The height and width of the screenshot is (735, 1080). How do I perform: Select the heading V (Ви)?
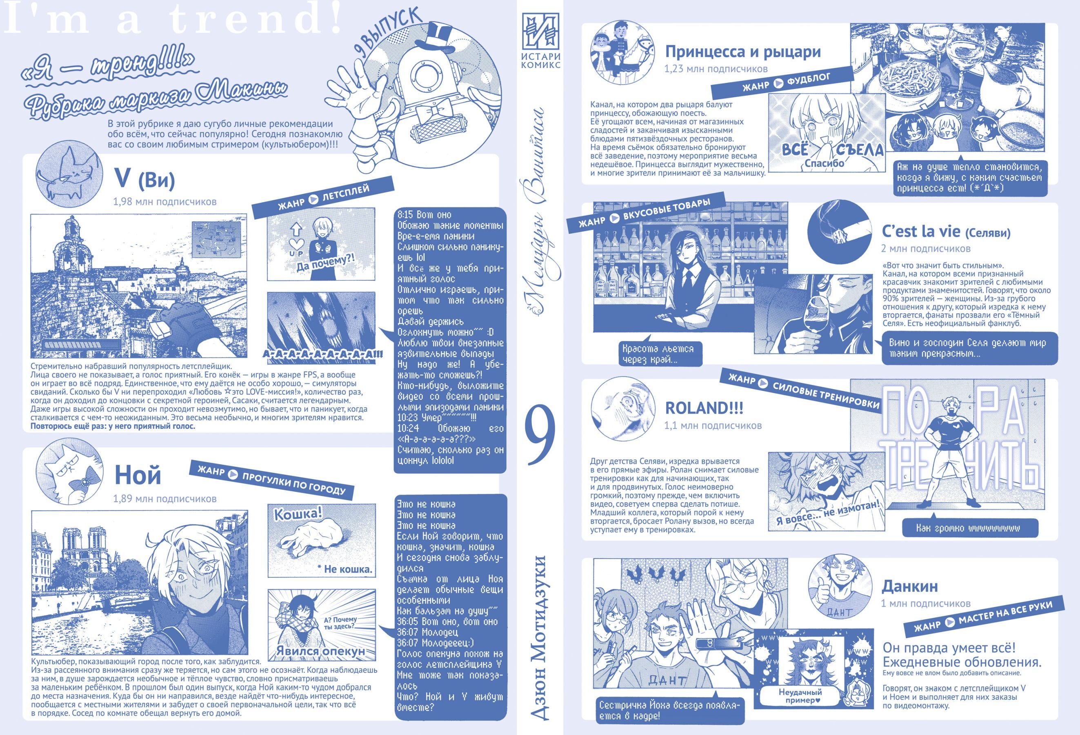coord(144,179)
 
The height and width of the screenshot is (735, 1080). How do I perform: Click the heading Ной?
coord(138,474)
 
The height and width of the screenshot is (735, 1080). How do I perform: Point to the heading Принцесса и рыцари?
coord(742,51)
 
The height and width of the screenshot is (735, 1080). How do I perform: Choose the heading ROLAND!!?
coord(704,408)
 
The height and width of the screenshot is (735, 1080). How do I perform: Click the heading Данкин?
coord(909,586)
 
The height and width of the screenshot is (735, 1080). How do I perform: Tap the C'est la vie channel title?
coord(946,231)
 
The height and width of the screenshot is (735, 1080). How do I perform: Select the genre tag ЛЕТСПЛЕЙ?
coord(322,197)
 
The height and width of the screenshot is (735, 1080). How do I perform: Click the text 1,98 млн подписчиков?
coord(164,202)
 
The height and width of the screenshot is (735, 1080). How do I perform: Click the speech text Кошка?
coord(298,514)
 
